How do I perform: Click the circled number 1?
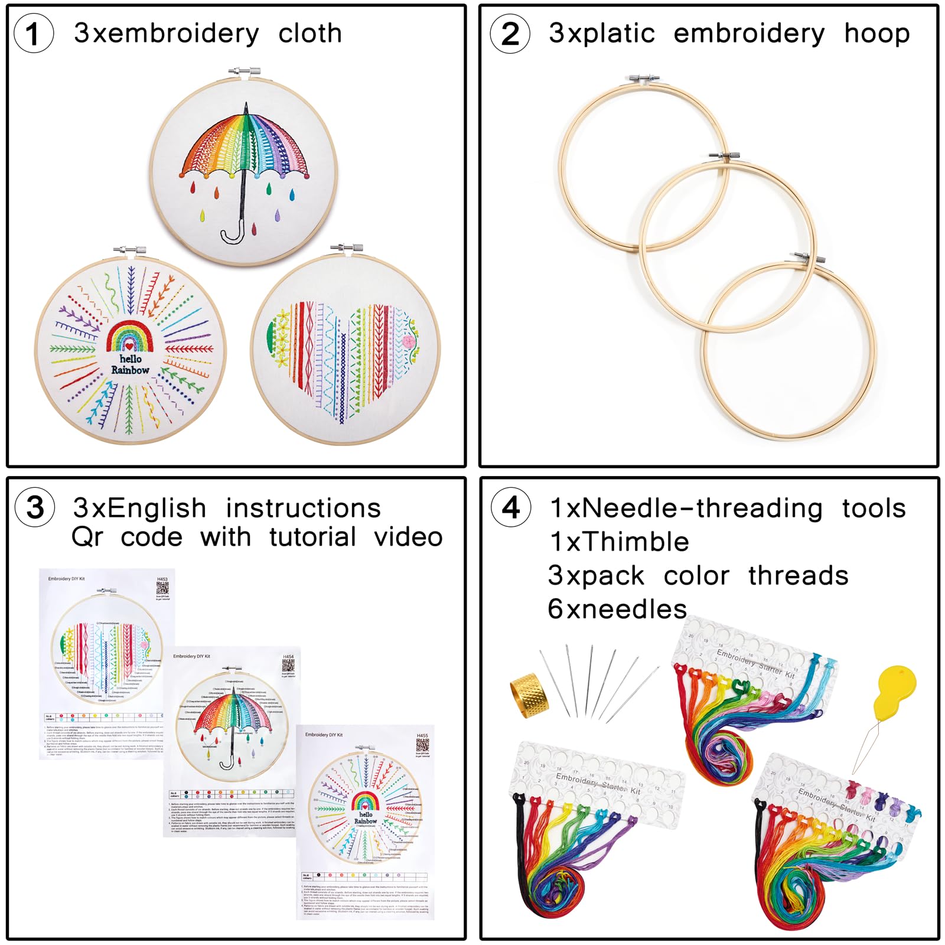(33, 34)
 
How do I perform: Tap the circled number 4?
(510, 508)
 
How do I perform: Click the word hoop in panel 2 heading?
(876, 34)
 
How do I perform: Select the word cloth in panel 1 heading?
(310, 34)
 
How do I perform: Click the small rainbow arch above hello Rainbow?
(130, 337)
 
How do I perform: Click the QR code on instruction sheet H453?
(162, 588)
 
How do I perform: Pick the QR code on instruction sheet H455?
(422, 745)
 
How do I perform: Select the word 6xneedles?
(617, 609)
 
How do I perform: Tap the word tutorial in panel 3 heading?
(312, 537)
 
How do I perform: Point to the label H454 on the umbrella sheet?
(288, 656)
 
